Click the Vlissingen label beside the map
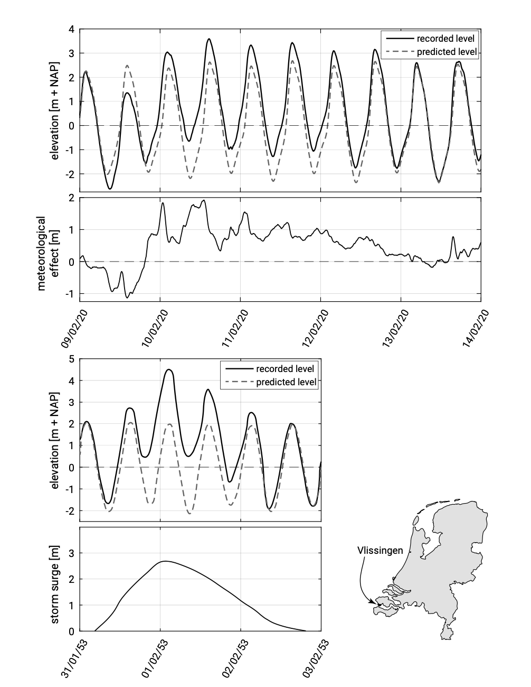[x=380, y=550]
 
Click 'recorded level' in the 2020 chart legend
[x=446, y=39]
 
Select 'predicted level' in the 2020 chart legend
[x=447, y=52]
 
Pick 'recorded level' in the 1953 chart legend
[x=285, y=368]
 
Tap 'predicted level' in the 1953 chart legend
[x=286, y=382]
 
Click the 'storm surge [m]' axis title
[x=55, y=579]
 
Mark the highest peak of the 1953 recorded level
[x=169, y=370]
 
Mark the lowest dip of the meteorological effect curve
[x=127, y=298]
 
